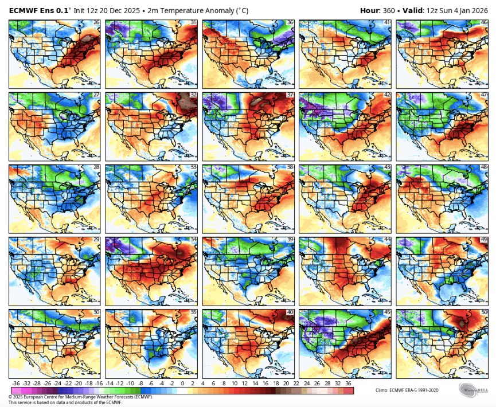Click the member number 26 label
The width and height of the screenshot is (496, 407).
coord(96,22)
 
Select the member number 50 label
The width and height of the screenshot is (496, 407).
coord(484,312)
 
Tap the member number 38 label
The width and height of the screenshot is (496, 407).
coord(290,167)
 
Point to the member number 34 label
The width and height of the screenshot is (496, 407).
coord(193,240)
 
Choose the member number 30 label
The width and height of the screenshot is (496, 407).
coord(96,312)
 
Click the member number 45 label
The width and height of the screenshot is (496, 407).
coord(387,312)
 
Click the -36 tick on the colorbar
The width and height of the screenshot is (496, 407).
coord(15,383)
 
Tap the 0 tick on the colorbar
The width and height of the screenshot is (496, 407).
coord(182,383)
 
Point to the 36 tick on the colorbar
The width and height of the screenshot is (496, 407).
coord(348,383)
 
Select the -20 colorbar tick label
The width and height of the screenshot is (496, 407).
coord(89,383)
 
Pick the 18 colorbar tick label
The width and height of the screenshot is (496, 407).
coord(265,383)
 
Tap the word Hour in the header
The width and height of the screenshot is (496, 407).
coord(370,10)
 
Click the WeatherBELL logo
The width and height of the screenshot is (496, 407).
coord(474,390)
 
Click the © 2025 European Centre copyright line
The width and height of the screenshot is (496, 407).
coord(80,396)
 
